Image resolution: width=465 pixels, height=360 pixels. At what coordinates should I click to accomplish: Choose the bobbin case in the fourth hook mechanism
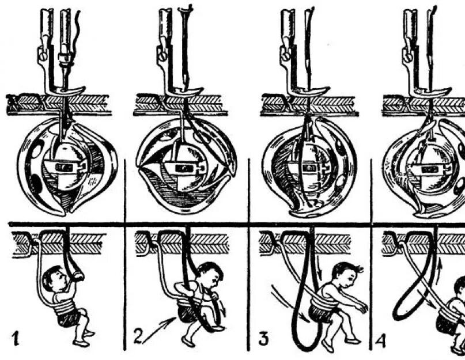(x=429, y=169)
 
